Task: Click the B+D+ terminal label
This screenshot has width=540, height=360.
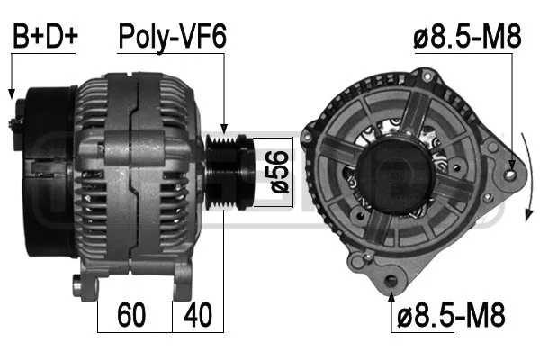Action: (x=44, y=36)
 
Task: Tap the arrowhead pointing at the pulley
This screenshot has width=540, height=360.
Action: (x=224, y=130)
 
